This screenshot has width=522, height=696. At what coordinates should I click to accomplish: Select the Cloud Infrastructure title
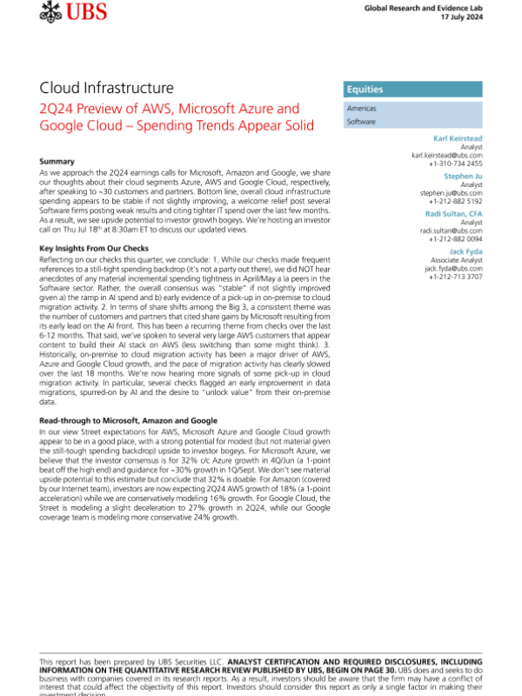[106, 88]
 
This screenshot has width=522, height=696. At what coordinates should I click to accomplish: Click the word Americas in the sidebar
[361, 109]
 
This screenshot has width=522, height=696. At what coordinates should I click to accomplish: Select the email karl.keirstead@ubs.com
[446, 155]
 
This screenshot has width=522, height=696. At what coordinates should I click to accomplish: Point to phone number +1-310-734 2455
[455, 163]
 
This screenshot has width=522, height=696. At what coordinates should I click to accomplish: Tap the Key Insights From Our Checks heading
[96, 249]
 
